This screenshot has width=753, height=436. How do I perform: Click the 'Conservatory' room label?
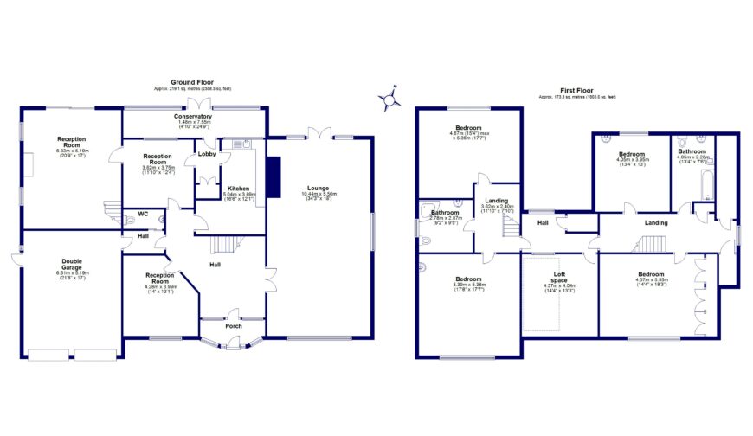click(x=192, y=116)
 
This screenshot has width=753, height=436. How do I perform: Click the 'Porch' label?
click(x=234, y=326)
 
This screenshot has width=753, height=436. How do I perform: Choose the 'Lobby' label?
click(x=207, y=154)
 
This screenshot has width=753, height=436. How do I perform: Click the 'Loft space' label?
click(x=558, y=279)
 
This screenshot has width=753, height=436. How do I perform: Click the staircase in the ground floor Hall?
click(x=226, y=243)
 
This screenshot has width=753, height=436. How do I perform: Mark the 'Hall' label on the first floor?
click(x=543, y=223)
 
